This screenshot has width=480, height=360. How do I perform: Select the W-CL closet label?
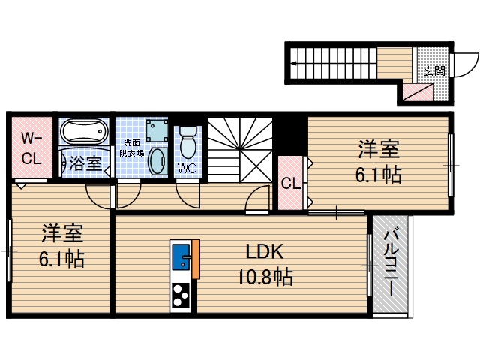pyautogui.click(x=31, y=148)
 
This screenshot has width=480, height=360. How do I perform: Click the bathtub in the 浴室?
pyautogui.click(x=83, y=134)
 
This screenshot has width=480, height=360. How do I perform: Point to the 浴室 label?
pyautogui.click(x=85, y=163)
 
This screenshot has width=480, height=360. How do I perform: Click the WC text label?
pyautogui.click(x=187, y=168)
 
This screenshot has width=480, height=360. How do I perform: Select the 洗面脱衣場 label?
pyautogui.click(x=132, y=148)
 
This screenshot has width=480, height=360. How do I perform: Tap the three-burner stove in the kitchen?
pyautogui.click(x=181, y=295)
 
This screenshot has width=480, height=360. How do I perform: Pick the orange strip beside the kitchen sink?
pyautogui.click(x=196, y=259)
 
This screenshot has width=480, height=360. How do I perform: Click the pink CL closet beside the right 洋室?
pyautogui.click(x=289, y=182)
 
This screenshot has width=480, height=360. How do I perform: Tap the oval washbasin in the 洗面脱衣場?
pyautogui.click(x=157, y=161)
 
